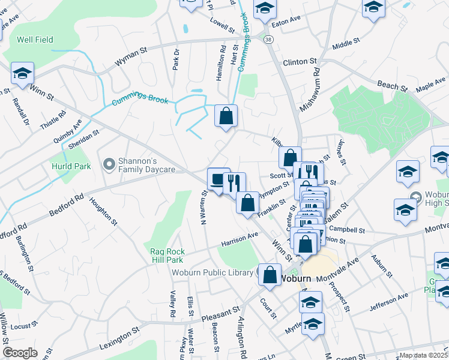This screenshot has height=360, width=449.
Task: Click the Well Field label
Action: pyautogui.click(x=35, y=40)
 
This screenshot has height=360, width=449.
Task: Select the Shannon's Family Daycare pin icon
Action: pyautogui.click(x=109, y=164)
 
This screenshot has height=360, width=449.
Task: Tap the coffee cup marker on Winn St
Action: pyautogui.click(x=218, y=179)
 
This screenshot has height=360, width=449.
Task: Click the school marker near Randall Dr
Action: pyautogui.click(x=22, y=74)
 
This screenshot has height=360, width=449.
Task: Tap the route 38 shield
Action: pyautogui.click(x=268, y=40)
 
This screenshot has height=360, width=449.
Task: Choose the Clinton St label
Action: pyautogui.click(x=300, y=62)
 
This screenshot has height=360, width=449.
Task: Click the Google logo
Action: pyautogui.click(x=20, y=353)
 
